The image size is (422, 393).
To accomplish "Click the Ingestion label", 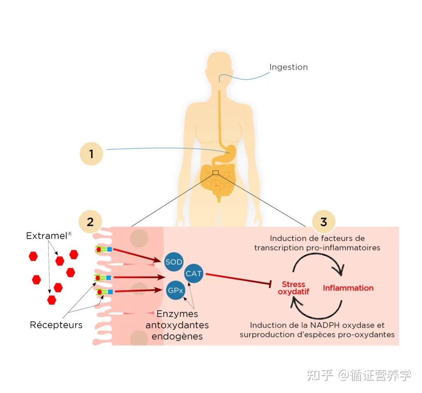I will click(288, 67).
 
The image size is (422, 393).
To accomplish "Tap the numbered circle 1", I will click(91, 154).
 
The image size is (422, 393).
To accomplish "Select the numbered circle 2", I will click(90, 222).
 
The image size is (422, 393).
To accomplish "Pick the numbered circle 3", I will click(324, 222).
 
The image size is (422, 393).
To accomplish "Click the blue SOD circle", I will click(174, 262).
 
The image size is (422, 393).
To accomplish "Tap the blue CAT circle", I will click(194, 273).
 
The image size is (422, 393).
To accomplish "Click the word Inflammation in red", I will click(348, 288).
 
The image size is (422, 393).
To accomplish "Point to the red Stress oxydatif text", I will click(294, 288).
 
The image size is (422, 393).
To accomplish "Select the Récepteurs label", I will click(56, 325).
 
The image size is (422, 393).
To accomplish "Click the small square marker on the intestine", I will click(216, 173).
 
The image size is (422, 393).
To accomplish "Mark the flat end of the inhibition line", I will click(270, 283).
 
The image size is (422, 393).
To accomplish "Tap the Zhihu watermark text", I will click(359, 375).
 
